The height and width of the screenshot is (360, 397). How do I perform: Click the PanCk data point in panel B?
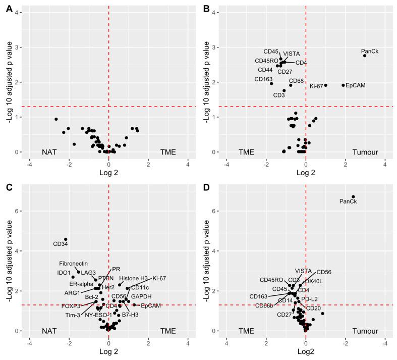click(x=365, y=56)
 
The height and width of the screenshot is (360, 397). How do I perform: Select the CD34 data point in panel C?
click(x=66, y=239)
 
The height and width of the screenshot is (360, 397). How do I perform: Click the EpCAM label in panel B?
click(x=356, y=85)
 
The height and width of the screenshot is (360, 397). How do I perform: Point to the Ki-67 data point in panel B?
click(x=326, y=85)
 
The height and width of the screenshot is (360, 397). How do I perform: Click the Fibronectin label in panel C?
click(x=74, y=264)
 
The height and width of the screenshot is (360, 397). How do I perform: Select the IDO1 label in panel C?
click(x=64, y=273)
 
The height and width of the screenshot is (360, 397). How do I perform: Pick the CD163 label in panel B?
click(x=263, y=79)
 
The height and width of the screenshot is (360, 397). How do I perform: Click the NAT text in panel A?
click(x=49, y=151)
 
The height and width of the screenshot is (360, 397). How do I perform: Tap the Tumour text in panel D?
click(x=363, y=331)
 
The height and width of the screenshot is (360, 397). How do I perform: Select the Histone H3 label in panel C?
click(x=134, y=278)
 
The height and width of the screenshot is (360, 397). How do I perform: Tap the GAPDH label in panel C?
click(x=141, y=296)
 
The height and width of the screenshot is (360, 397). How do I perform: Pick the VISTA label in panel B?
click(x=292, y=54)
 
